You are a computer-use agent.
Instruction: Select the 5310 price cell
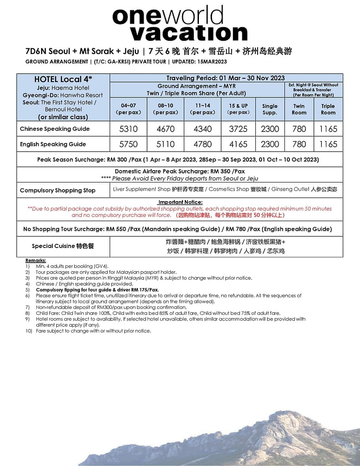[x=128, y=129]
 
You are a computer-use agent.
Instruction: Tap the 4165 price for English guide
[x=238, y=144]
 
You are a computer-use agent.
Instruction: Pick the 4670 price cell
[x=166, y=129]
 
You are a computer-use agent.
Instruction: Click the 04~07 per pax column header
[x=128, y=109]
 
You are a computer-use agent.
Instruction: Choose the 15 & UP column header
[x=238, y=109]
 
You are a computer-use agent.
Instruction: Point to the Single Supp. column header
[x=270, y=109]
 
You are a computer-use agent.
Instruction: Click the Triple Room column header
[x=328, y=109]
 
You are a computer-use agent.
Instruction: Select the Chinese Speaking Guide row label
[x=55, y=129]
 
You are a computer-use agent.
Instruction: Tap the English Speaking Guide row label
[x=53, y=144]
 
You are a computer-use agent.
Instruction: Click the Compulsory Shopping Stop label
[x=57, y=190]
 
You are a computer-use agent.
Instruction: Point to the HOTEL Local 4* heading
[x=63, y=79]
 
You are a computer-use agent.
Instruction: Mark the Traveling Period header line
[x=225, y=78]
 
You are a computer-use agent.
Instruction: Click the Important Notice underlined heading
[x=180, y=202]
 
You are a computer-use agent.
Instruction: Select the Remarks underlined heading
[x=35, y=260]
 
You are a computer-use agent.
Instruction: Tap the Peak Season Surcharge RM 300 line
[x=178, y=160]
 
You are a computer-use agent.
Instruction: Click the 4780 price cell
[x=203, y=144]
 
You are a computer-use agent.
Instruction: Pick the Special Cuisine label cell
[x=63, y=246]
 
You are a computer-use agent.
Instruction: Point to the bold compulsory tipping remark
[x=97, y=289]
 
